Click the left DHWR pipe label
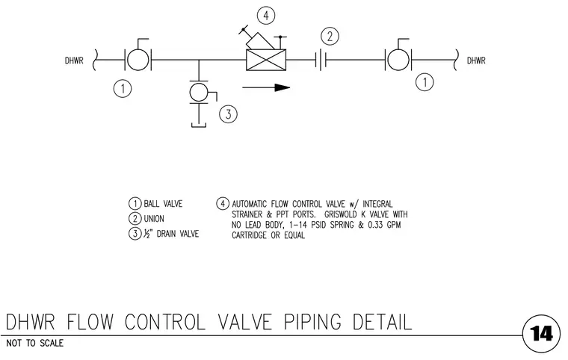[x=74, y=60]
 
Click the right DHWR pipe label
[x=476, y=60]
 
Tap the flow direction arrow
[x=266, y=87]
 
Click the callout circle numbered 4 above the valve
[x=266, y=16]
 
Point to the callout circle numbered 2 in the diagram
[x=330, y=37]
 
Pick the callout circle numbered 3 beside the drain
[x=228, y=114]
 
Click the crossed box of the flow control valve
[x=266, y=60]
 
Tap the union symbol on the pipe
[x=321, y=60]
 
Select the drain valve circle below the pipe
[x=199, y=92]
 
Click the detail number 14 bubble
[x=542, y=334]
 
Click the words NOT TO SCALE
[x=35, y=343]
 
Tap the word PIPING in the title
[x=312, y=322]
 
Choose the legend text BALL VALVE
[x=163, y=204]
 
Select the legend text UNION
[x=154, y=219]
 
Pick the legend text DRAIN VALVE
[x=178, y=234]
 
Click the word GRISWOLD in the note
[x=340, y=214]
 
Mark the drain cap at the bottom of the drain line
[x=199, y=125]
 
